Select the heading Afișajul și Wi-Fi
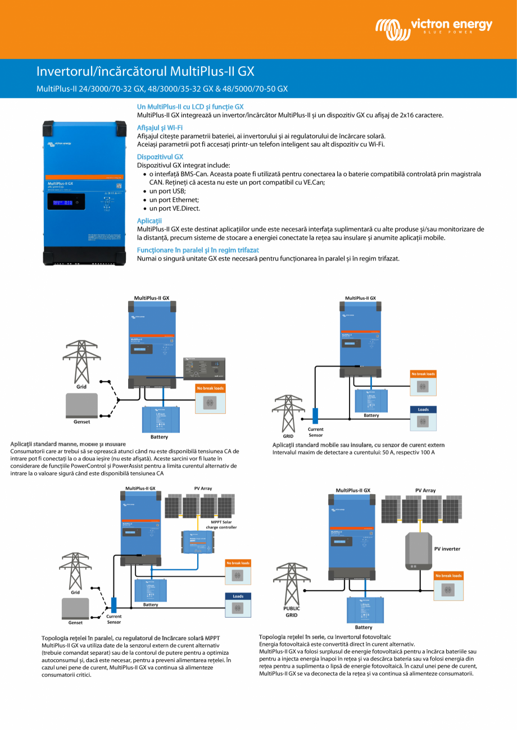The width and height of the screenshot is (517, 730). tap(160, 127)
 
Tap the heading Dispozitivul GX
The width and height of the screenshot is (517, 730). tap(160, 157)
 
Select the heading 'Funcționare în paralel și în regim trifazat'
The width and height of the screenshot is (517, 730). tap(198, 249)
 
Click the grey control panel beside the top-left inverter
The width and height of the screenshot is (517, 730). tap(204, 368)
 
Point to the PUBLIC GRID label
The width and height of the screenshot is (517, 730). tap(291, 612)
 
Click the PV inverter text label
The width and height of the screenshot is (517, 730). tap(447, 549)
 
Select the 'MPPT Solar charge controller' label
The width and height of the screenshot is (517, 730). tap(221, 524)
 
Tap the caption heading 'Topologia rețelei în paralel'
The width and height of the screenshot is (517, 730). tap(130, 638)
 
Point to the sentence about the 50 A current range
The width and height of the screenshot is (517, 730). tap(353, 452)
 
